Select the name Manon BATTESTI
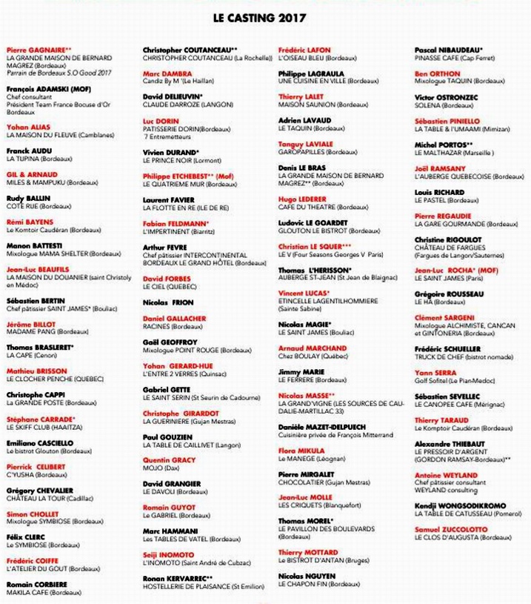35,245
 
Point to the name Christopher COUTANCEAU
190,50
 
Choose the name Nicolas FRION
168,303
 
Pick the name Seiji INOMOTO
168,555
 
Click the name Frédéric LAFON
304,50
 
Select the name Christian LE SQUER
315,246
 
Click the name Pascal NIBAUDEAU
449,50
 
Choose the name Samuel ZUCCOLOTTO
451,529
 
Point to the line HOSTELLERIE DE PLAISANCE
204,586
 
